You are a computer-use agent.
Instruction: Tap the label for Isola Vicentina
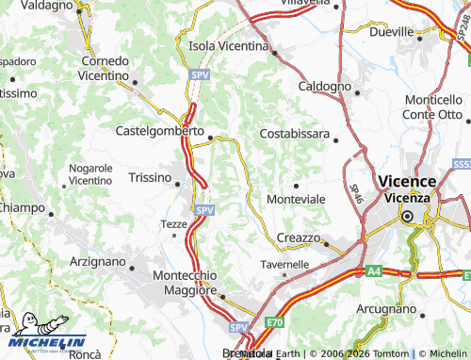point(232,45)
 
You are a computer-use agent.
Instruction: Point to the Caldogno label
point(324,86)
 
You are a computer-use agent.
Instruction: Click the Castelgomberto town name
point(159,132)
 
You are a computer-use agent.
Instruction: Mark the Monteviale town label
point(296,199)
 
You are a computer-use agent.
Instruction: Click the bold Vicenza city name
point(406,181)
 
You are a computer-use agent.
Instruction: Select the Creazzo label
point(299,237)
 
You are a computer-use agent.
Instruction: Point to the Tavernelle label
point(284,264)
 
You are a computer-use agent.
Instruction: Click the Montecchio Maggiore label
point(186,282)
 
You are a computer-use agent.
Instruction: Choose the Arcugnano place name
point(385,308)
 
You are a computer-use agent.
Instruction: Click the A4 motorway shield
point(374,271)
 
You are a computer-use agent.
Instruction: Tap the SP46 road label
point(356,193)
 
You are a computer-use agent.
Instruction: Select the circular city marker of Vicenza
point(408,216)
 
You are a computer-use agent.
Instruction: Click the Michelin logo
point(47,333)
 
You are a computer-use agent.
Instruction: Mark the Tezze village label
point(174,223)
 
